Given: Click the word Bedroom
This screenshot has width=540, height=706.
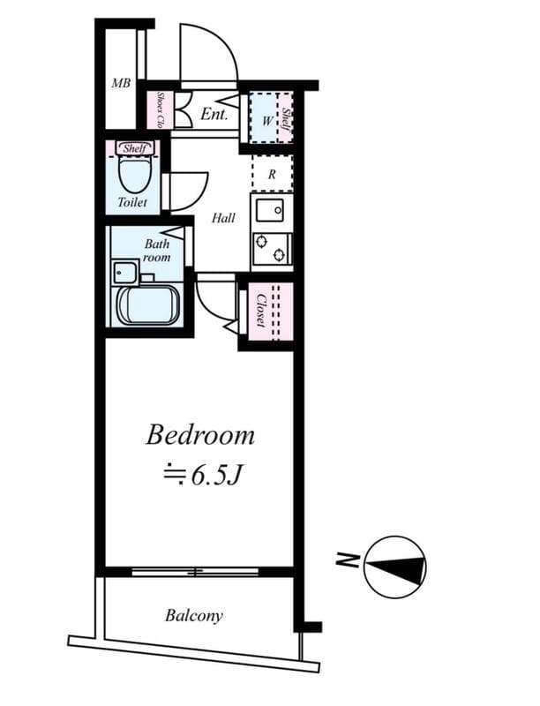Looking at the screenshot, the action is pyautogui.click(x=200, y=435).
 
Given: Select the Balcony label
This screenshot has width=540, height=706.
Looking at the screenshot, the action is pyautogui.click(x=194, y=615).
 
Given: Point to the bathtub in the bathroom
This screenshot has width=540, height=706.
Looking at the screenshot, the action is pyautogui.click(x=148, y=304).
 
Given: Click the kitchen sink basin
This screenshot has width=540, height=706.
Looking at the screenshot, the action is pyautogui.click(x=269, y=210).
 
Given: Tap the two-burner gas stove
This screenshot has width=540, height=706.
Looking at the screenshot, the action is pyautogui.click(x=272, y=249).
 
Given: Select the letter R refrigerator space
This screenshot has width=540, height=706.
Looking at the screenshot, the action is pyautogui.click(x=272, y=174).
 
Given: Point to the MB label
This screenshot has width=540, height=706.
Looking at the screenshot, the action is pyautogui.click(x=121, y=83).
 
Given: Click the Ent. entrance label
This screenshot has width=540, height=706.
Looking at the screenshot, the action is pyautogui.click(x=214, y=114).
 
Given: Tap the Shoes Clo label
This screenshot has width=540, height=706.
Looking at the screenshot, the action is pyautogui.click(x=160, y=109).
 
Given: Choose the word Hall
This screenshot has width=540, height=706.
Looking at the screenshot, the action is pyautogui.click(x=223, y=218).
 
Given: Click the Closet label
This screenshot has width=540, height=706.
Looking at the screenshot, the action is pyautogui.click(x=261, y=310).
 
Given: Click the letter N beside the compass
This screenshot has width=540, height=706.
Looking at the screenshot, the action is pyautogui.click(x=347, y=560).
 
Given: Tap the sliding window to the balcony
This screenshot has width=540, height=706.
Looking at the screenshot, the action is pyautogui.click(x=195, y=572).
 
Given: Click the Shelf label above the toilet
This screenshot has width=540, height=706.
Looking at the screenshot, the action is pyautogui.click(x=133, y=148).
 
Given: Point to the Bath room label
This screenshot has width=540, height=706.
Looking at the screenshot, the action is pyautogui.click(x=156, y=251).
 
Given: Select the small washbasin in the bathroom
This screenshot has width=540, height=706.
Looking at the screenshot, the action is pyautogui.click(x=125, y=272).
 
